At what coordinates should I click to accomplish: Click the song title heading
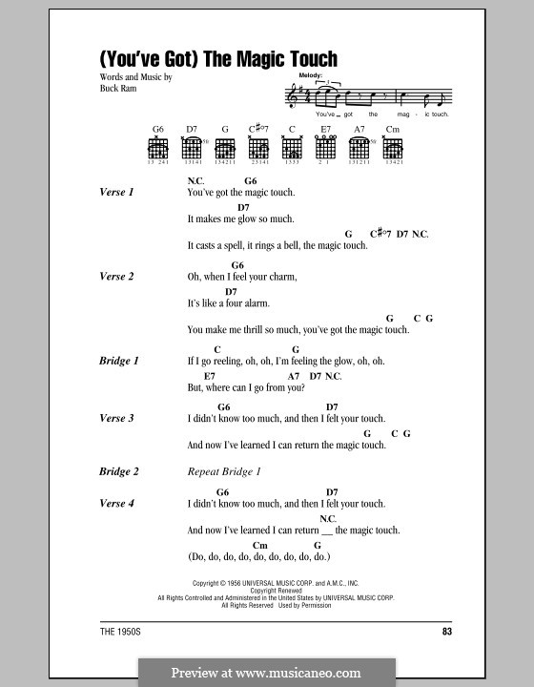[x=218, y=59]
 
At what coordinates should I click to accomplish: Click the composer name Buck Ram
[x=118, y=88]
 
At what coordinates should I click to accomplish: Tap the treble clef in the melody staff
[x=290, y=96]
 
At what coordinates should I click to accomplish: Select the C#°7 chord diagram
[x=258, y=148]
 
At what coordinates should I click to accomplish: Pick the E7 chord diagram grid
[x=325, y=147]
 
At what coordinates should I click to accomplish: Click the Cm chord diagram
[x=393, y=148]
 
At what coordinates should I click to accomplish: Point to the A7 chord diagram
[x=359, y=148]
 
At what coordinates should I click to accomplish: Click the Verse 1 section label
[x=116, y=192]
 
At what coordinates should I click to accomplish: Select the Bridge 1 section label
[x=118, y=361]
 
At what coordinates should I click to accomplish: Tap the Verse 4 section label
[x=116, y=503]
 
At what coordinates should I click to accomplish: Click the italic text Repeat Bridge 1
[x=224, y=471]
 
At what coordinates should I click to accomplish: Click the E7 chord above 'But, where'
[x=210, y=376]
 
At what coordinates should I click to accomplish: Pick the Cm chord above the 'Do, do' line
[x=260, y=545]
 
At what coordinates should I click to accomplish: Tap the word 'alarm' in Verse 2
[x=257, y=303]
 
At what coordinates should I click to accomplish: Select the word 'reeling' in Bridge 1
[x=226, y=362]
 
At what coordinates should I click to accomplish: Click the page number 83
[x=447, y=632]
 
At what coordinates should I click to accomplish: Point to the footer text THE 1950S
[x=120, y=632]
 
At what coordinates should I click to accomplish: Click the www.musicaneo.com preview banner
[x=267, y=673]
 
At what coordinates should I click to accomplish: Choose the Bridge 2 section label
[x=118, y=471]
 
